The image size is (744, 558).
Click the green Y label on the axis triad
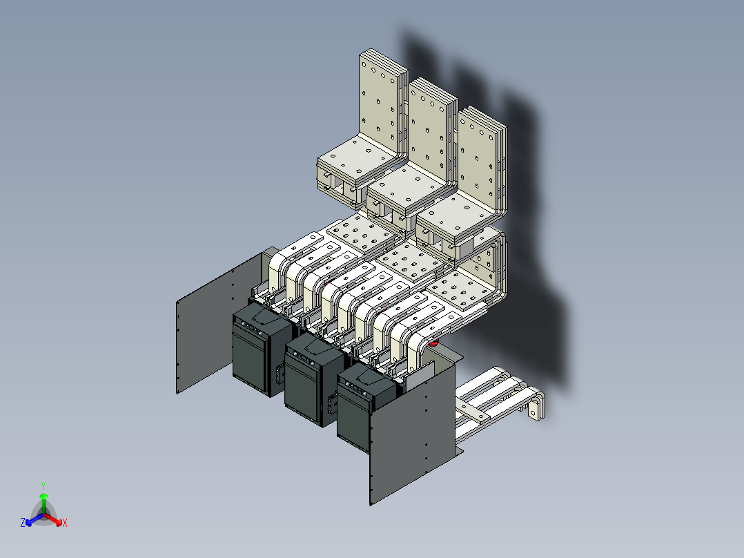(43, 485)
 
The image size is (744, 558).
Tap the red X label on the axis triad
(65, 523)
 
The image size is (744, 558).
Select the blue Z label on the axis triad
(23, 523)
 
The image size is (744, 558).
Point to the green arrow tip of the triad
(43, 497)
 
